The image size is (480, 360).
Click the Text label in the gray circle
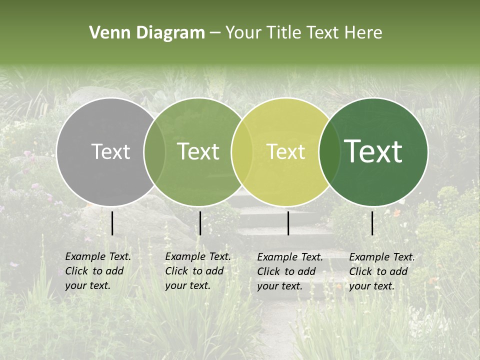click(110, 151)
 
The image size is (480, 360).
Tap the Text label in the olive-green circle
click(198, 151)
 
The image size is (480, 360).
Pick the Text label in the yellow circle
click(286, 151)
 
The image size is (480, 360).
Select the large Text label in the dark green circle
click(373, 151)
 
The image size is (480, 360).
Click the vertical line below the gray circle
click(112, 223)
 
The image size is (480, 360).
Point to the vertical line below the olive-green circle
click(200, 223)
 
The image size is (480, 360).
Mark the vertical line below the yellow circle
click(288, 223)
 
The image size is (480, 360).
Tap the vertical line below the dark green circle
click(372, 223)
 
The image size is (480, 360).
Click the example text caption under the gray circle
click(98, 271)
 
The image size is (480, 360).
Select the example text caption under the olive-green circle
click(198, 271)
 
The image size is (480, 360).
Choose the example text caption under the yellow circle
click(290, 271)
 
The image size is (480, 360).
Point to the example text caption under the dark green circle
click(382, 271)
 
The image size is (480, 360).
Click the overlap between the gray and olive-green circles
click(154, 152)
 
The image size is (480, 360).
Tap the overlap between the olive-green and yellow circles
click(242, 152)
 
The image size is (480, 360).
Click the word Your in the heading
click(243, 33)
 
